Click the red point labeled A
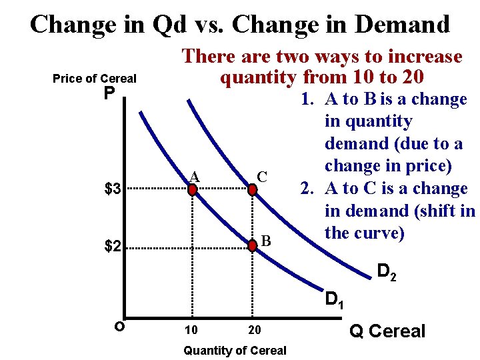click(x=193, y=189)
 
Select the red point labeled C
click(x=253, y=189)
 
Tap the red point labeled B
click(x=253, y=246)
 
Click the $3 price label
click(x=113, y=189)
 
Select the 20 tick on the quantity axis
click(x=254, y=330)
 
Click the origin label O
click(x=118, y=326)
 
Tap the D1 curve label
click(x=334, y=299)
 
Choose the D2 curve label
click(x=387, y=271)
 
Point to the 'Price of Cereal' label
click(x=94, y=79)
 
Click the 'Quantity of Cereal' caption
click(x=235, y=350)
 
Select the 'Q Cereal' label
click(x=387, y=331)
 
